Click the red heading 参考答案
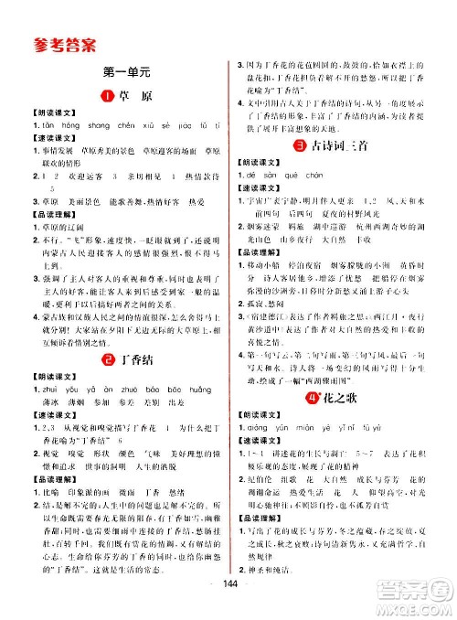61,42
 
